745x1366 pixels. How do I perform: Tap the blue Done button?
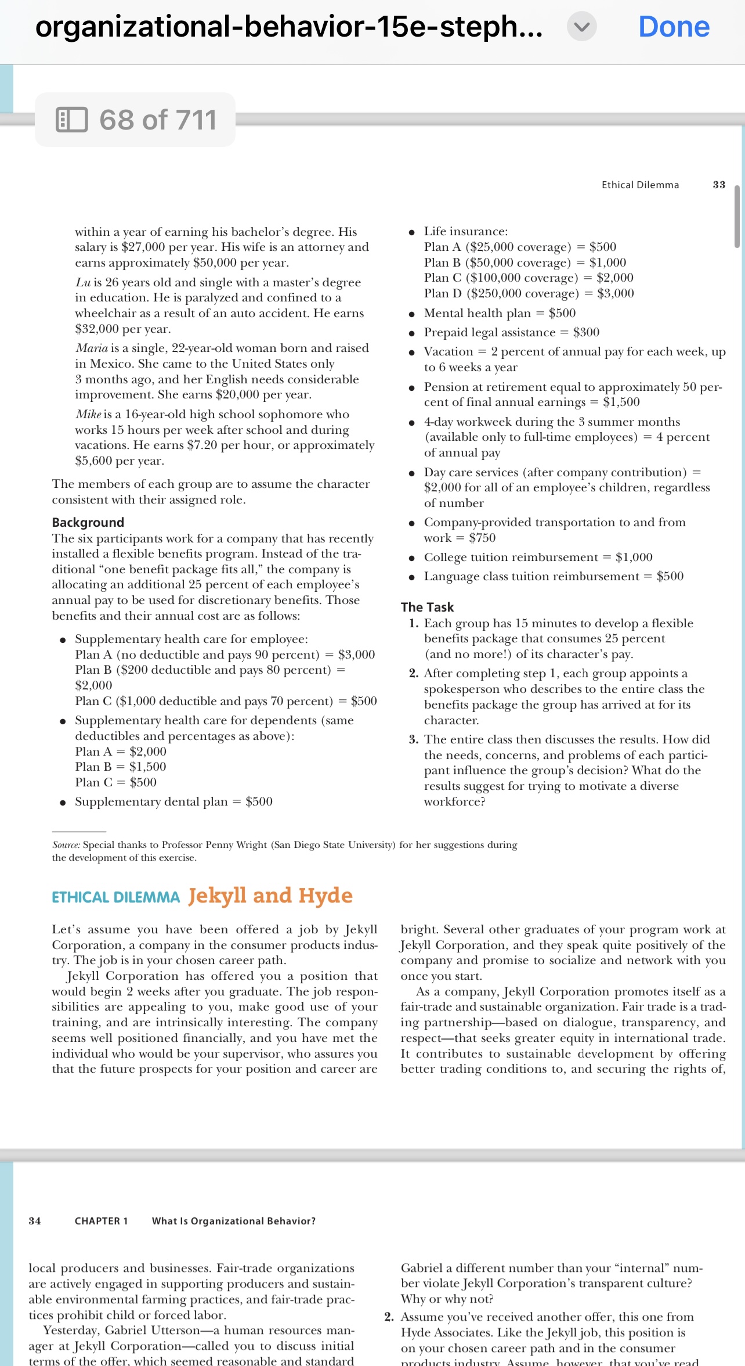click(x=674, y=27)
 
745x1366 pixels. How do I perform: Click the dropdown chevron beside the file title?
click(x=581, y=27)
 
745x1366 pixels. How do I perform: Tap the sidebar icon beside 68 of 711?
click(x=71, y=120)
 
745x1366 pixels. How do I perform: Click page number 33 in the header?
click(x=719, y=185)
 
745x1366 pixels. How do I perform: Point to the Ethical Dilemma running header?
click(x=640, y=185)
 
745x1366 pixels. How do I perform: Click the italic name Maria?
click(x=92, y=348)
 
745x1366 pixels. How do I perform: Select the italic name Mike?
click(x=88, y=414)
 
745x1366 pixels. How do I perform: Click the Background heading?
click(x=88, y=522)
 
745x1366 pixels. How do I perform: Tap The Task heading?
click(x=427, y=607)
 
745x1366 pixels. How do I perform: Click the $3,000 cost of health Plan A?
click(x=356, y=655)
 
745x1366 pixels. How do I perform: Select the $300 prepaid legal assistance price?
click(x=586, y=332)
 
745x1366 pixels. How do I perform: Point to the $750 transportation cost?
click(x=482, y=538)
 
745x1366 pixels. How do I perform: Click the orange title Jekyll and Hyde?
click(x=270, y=895)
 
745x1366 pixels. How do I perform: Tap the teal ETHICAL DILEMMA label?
click(x=115, y=897)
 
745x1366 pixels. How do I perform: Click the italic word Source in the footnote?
click(x=66, y=844)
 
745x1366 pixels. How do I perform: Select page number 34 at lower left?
click(x=35, y=1221)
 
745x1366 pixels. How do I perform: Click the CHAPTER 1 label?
click(x=101, y=1221)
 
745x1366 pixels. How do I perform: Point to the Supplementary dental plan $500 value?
click(x=259, y=801)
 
